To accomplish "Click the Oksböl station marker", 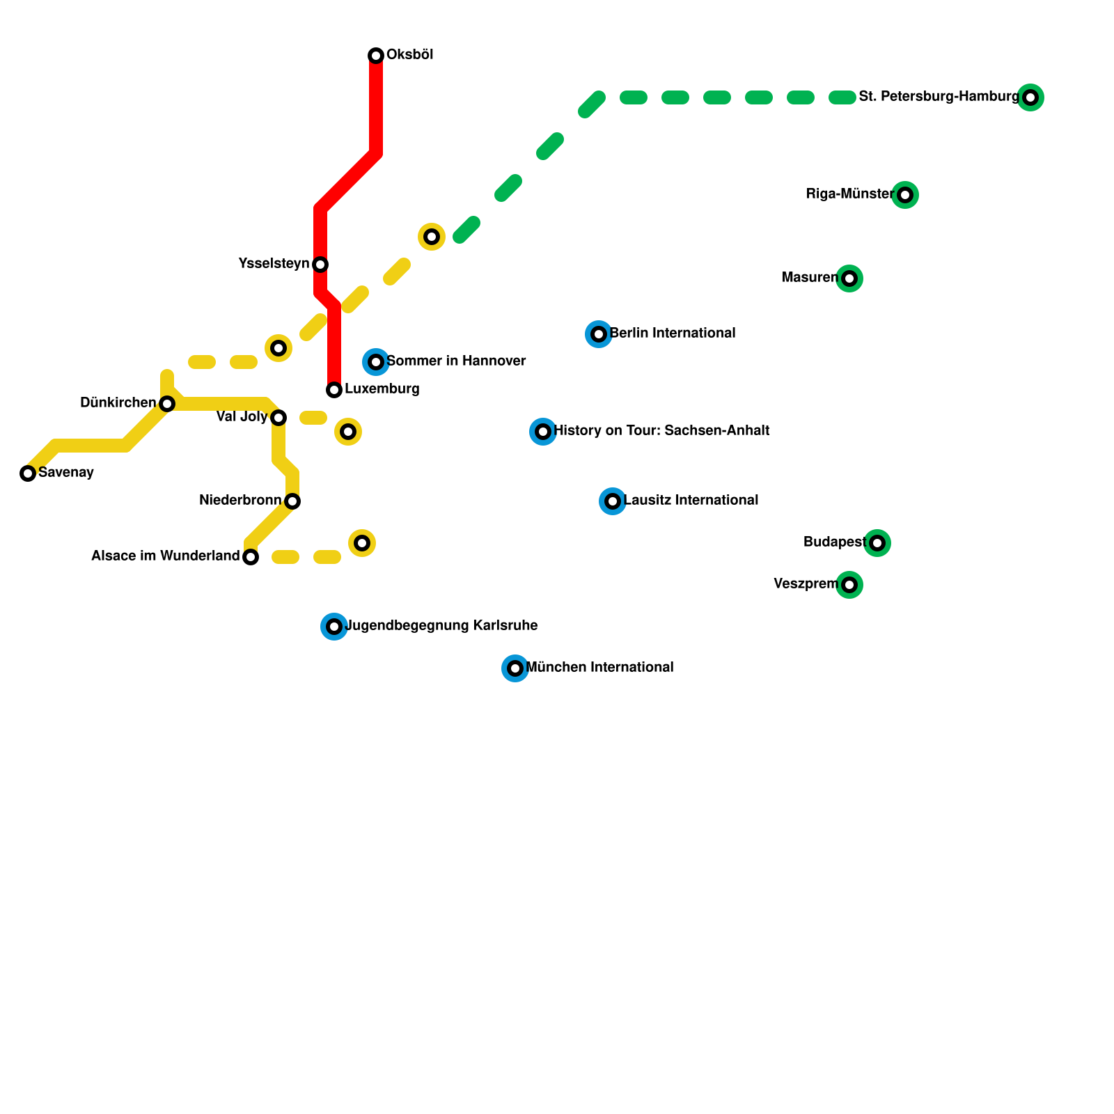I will (x=376, y=56).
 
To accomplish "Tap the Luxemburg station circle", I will (x=334, y=390).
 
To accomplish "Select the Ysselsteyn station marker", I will (x=320, y=265).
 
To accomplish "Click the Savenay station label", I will (x=66, y=473).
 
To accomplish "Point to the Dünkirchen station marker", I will (x=167, y=404).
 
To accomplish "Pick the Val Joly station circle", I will (x=278, y=418).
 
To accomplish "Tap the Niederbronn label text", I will (x=240, y=501).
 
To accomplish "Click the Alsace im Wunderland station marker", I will (x=251, y=557).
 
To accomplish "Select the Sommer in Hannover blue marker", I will (x=376, y=362).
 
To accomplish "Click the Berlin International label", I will (x=673, y=334).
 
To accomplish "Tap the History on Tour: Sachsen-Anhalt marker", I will (x=543, y=432).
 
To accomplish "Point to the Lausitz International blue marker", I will (x=613, y=501).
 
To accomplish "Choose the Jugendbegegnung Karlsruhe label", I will (x=441, y=626).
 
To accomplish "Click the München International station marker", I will (x=515, y=668).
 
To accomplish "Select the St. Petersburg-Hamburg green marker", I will (x=1030, y=97).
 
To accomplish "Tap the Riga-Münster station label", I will (x=850, y=194).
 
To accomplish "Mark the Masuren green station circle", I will (x=849, y=278).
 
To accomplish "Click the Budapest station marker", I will (x=877, y=543).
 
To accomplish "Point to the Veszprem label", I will (x=806, y=584).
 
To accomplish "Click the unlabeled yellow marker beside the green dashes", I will (x=432, y=237).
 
